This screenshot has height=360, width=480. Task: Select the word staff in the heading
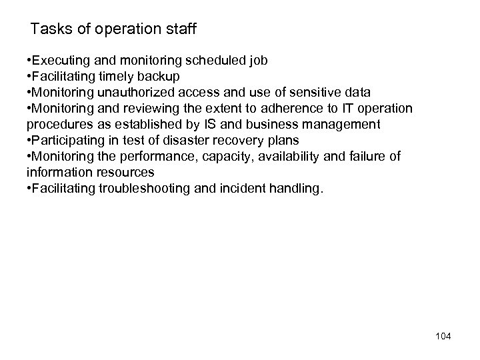(181, 29)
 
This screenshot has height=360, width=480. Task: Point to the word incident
(249, 189)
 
